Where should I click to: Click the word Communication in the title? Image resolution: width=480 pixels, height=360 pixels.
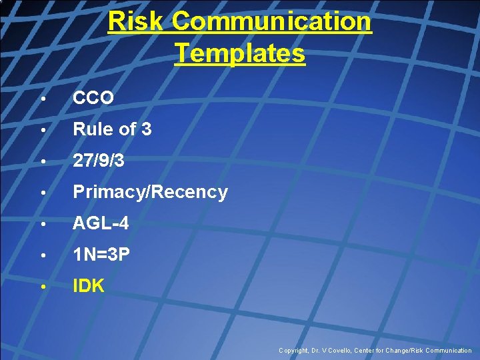point(271,21)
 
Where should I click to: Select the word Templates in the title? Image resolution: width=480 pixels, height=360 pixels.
point(240,53)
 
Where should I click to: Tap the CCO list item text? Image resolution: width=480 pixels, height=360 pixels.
point(93,98)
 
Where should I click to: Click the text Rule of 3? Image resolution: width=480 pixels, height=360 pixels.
point(112,129)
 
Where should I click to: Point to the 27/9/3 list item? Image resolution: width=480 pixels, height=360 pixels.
point(98,161)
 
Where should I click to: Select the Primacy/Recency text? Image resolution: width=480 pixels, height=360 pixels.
point(150,192)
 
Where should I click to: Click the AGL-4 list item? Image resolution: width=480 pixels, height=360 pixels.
point(101,224)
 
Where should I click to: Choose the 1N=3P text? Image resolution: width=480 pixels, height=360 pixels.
point(101,255)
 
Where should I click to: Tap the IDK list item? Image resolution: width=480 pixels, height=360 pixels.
point(89,287)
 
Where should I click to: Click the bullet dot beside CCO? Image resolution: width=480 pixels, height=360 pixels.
point(42,99)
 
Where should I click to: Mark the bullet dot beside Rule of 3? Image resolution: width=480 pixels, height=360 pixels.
point(42,130)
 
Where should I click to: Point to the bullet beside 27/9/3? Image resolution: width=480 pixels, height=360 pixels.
point(42,161)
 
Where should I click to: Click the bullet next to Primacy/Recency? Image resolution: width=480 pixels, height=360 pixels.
point(42,193)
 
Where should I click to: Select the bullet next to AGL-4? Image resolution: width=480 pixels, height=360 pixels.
point(42,225)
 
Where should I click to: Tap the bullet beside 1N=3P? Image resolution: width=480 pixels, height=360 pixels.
point(42,256)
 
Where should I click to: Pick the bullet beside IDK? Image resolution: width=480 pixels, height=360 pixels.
point(42,287)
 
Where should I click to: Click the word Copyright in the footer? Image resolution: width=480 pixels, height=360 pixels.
point(293,351)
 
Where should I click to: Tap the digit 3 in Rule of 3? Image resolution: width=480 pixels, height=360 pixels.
point(147,129)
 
